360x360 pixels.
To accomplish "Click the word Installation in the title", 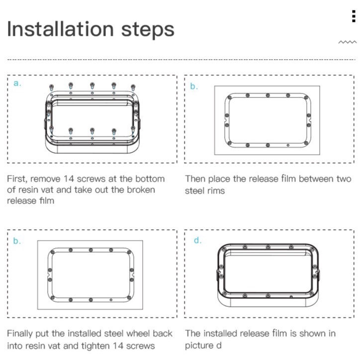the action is (x=60, y=29).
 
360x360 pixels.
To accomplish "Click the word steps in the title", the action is (x=148, y=30).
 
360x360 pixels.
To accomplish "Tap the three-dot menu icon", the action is (x=354, y=16).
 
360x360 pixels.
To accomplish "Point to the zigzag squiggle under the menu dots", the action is (x=348, y=42).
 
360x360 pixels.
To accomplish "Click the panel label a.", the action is (x=17, y=84).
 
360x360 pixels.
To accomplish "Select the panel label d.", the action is (x=197, y=240).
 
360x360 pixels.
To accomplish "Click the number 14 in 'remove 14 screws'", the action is (x=69, y=179).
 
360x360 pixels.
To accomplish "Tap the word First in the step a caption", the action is (x=17, y=179).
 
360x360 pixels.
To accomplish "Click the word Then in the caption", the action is (x=195, y=179).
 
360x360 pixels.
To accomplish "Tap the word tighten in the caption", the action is (x=96, y=346).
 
